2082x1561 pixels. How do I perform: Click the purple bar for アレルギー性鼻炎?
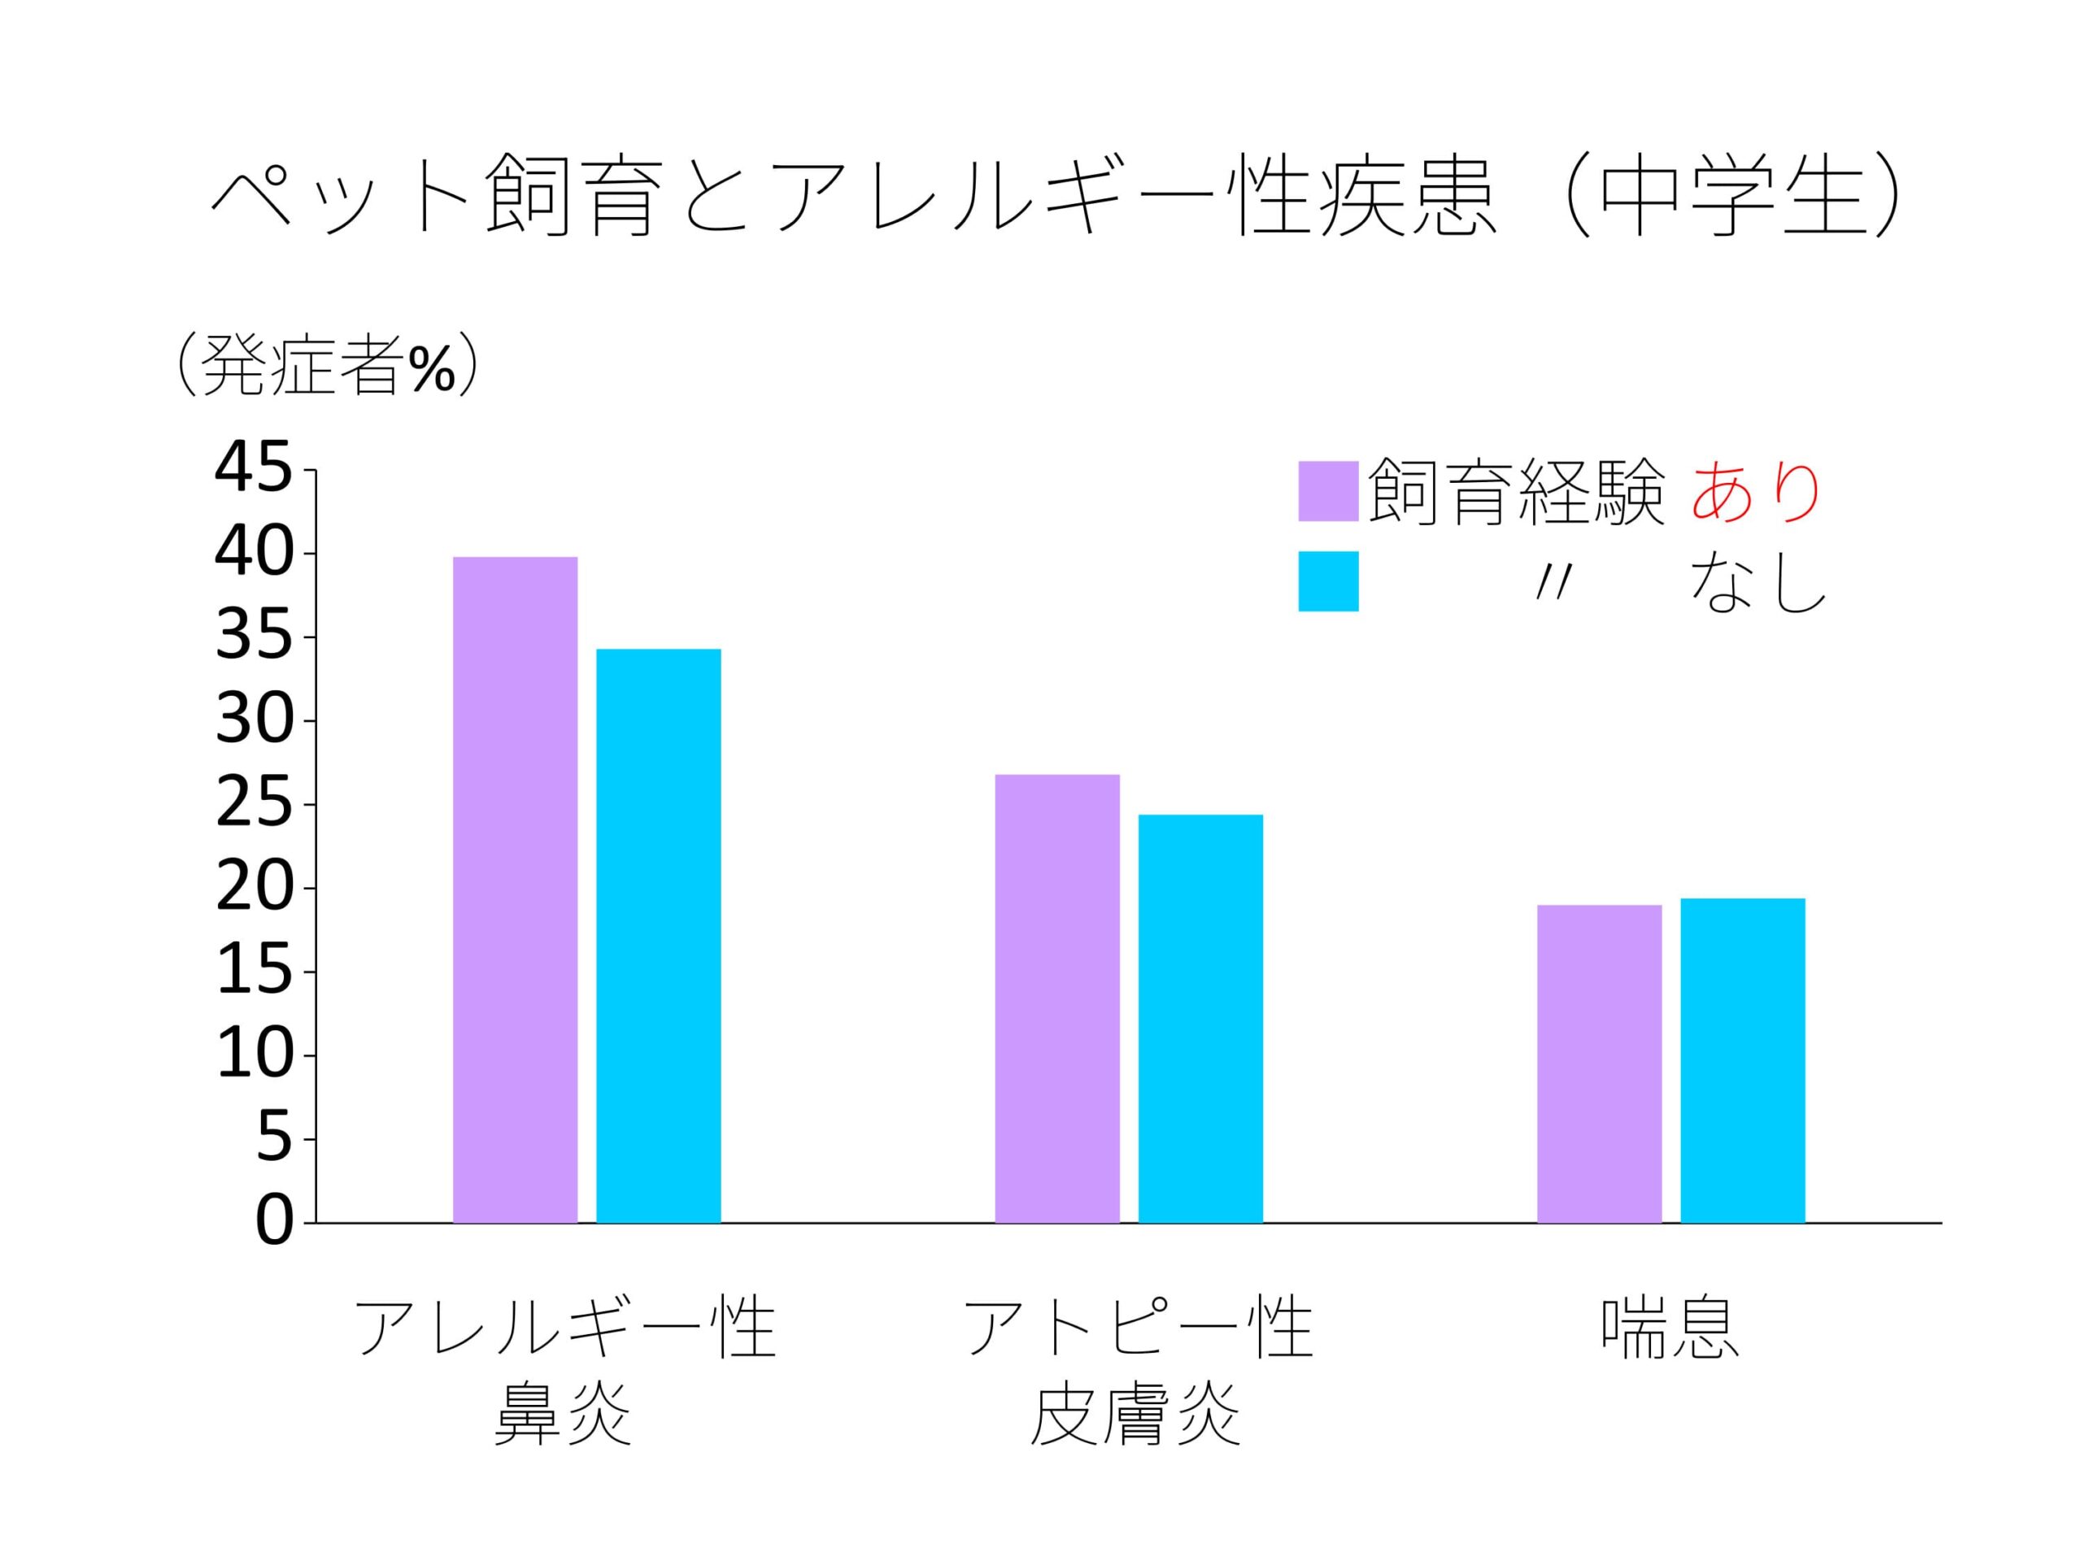[x=515, y=889]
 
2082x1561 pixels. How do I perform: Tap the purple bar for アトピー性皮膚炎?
[x=1057, y=998]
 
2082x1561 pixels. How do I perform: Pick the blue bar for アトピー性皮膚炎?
[x=1200, y=1018]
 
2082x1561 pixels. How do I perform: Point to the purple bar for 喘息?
[x=1599, y=1063]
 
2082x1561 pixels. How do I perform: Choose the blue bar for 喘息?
[x=1742, y=1060]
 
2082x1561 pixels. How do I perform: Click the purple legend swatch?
[x=1328, y=491]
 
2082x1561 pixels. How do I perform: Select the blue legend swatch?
[x=1328, y=581]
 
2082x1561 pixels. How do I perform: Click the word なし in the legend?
[x=1757, y=584]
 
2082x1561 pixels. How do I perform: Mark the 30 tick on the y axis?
[x=253, y=721]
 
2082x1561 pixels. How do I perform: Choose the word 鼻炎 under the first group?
[x=563, y=1414]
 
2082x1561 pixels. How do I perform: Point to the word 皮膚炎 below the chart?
[x=1137, y=1414]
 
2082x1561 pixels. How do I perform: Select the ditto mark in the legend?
[x=1553, y=585]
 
